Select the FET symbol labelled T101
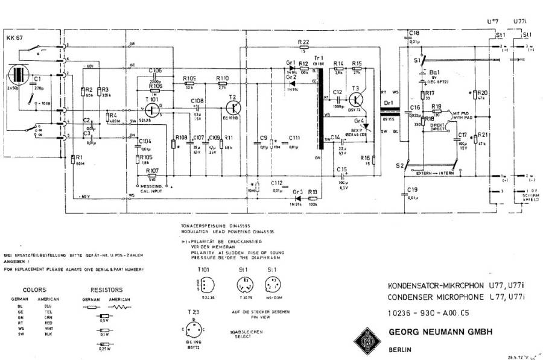click(153, 110)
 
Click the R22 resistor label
click(304, 41)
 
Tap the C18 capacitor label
click(414, 33)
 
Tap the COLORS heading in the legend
click(34, 289)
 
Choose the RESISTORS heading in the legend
click(106, 289)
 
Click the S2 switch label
click(398, 165)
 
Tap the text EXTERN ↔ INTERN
click(436, 173)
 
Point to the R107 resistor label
click(152, 171)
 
